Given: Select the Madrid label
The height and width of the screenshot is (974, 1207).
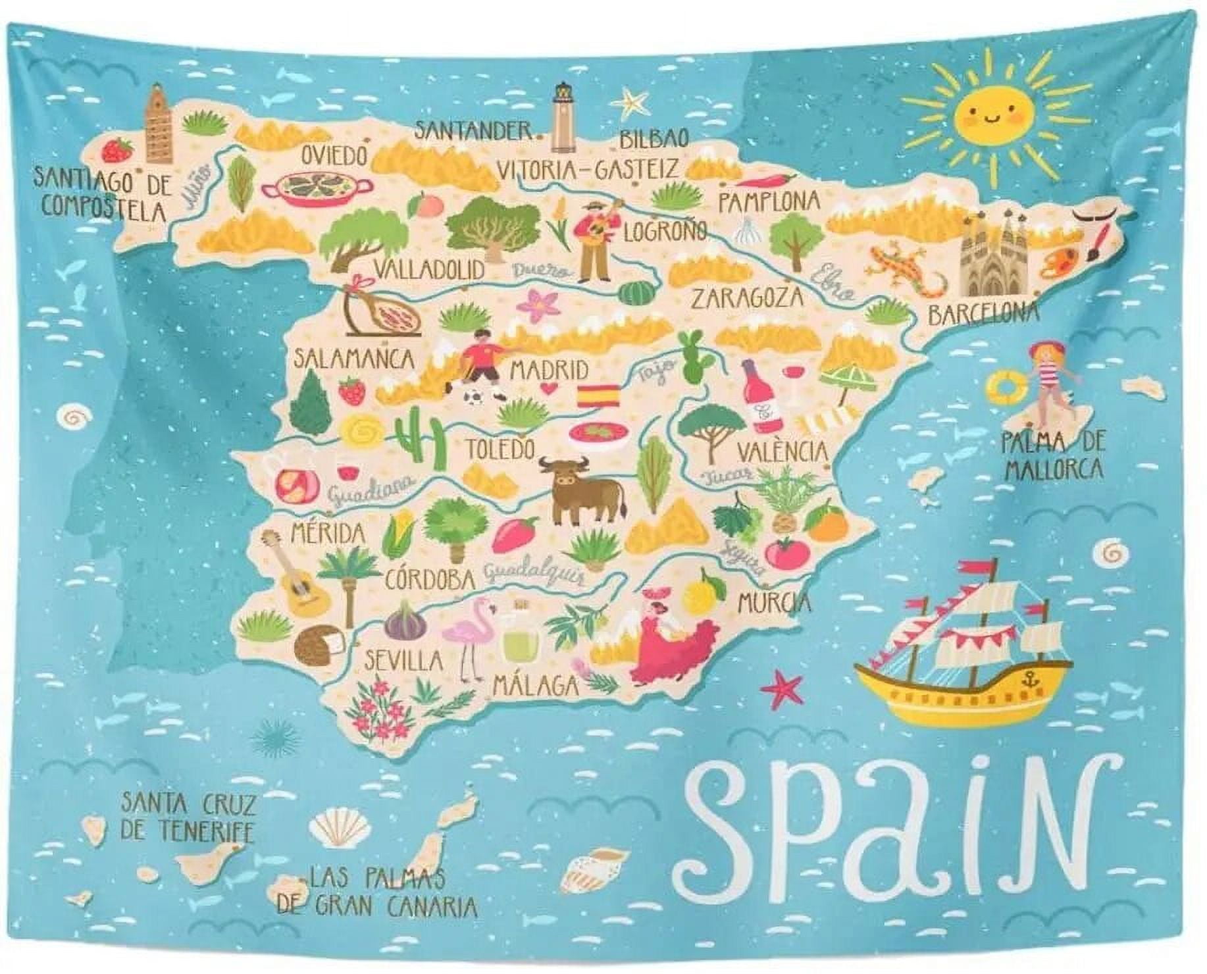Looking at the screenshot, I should pyautogui.click(x=549, y=369).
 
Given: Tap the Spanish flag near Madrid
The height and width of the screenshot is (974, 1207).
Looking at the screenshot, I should pyautogui.click(x=598, y=396).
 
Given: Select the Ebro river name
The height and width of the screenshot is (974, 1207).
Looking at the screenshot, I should pyautogui.click(x=833, y=280).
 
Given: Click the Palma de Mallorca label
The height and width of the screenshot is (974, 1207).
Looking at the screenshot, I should pyautogui.click(x=1053, y=456).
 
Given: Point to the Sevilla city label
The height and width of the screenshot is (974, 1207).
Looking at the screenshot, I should pyautogui.click(x=404, y=660).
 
